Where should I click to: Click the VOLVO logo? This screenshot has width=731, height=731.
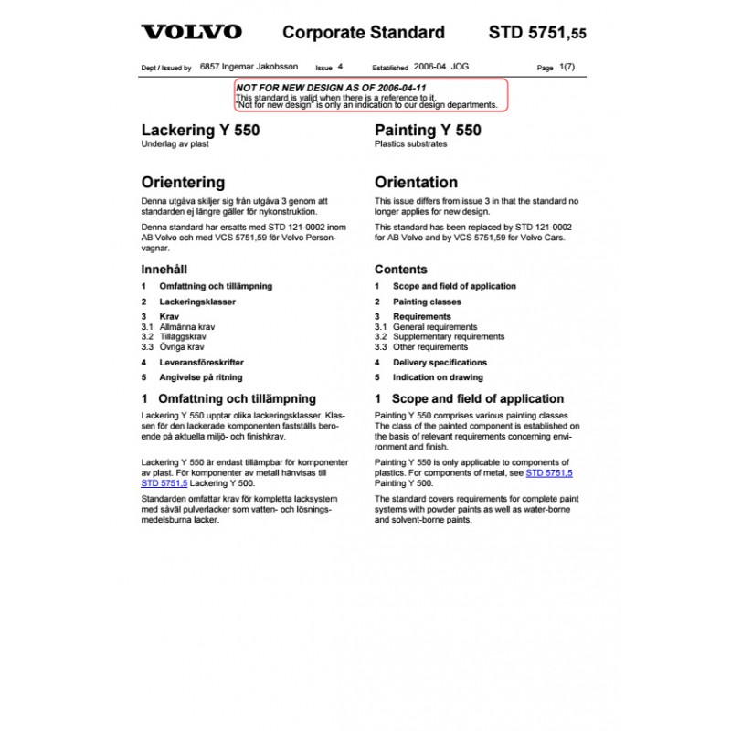tap(192, 33)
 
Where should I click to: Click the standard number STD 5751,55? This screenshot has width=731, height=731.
tap(537, 33)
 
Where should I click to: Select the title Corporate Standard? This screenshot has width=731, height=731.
tap(364, 33)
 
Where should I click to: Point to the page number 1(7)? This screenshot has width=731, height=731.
tap(567, 68)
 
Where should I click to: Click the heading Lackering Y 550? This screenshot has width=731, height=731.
tap(200, 131)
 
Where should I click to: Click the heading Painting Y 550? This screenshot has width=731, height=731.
tap(428, 131)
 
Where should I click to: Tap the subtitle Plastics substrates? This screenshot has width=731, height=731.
tap(408, 144)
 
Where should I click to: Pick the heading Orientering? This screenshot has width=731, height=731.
tap(183, 183)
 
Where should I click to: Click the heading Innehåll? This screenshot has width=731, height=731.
tap(164, 270)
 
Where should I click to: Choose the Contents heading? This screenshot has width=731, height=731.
tap(400, 270)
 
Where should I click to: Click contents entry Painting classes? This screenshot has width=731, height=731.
tap(427, 302)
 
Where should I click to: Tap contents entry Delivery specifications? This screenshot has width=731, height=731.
tap(438, 363)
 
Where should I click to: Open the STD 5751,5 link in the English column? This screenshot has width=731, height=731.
tap(549, 473)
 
